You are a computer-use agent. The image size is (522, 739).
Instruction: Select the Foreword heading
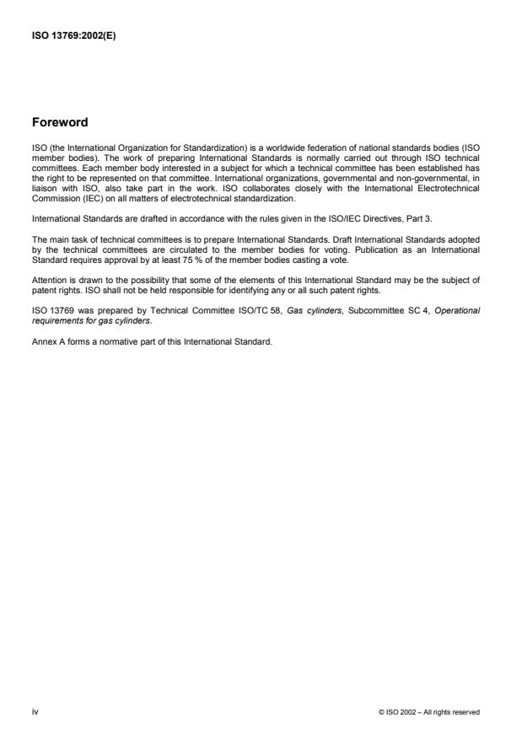coord(60,122)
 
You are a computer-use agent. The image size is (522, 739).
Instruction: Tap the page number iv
coord(35,711)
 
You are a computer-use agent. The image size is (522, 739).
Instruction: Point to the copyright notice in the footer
coord(429,712)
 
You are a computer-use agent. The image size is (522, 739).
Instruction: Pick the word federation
coord(315,147)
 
